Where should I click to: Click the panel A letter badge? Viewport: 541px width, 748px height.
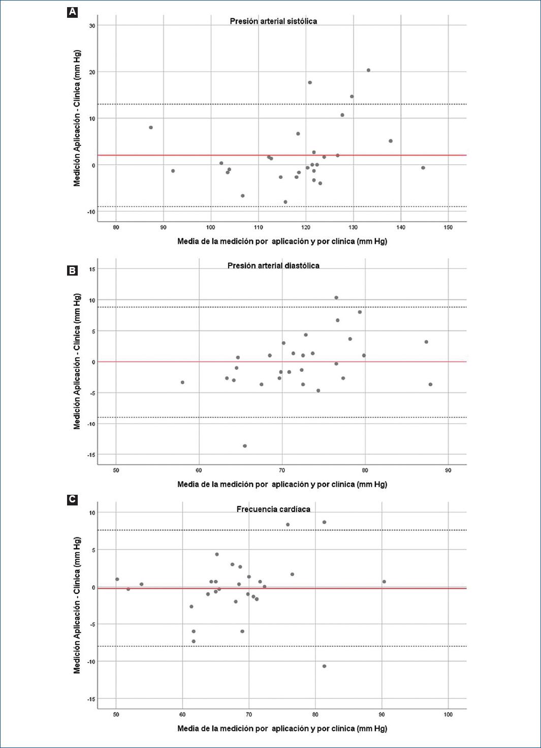(x=72, y=12)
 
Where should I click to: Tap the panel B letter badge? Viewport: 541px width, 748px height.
(x=72, y=271)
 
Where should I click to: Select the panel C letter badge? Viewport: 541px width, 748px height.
(x=72, y=499)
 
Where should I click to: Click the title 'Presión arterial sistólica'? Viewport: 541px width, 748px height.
(x=273, y=21)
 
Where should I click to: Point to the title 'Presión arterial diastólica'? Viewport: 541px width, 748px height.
(x=273, y=265)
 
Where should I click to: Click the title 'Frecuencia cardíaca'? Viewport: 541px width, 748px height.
(x=273, y=509)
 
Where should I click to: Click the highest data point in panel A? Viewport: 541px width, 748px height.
(x=368, y=70)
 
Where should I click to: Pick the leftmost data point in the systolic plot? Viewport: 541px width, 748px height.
(x=151, y=128)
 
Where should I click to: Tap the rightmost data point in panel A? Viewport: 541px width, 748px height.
(x=423, y=168)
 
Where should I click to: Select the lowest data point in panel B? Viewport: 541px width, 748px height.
(x=245, y=446)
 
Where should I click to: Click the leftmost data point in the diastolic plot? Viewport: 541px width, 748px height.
(x=182, y=382)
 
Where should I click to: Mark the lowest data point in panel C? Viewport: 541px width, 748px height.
(x=324, y=666)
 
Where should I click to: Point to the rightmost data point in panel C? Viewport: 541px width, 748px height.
(x=384, y=582)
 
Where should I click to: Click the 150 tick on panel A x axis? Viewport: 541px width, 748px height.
(x=448, y=227)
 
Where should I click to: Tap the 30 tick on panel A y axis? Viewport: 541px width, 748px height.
(x=92, y=25)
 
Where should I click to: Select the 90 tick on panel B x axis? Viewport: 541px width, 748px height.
(x=448, y=470)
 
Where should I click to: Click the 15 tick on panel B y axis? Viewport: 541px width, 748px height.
(x=92, y=269)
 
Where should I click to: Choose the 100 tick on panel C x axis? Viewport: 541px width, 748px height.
(x=448, y=714)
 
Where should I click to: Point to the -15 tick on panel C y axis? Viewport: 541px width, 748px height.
(x=91, y=699)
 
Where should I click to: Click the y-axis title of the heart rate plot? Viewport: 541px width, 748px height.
(x=77, y=605)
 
